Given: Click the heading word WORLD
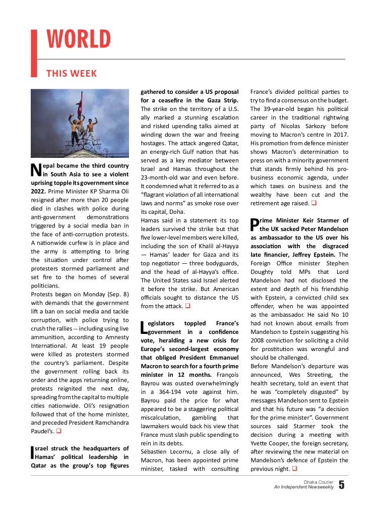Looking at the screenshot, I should (x=79, y=39).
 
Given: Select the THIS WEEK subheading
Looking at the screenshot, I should (x=72, y=74).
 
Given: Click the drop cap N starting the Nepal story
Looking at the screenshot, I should (x=36, y=170).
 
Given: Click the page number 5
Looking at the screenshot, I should (x=342, y=485).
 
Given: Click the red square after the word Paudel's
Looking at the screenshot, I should (x=59, y=431).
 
